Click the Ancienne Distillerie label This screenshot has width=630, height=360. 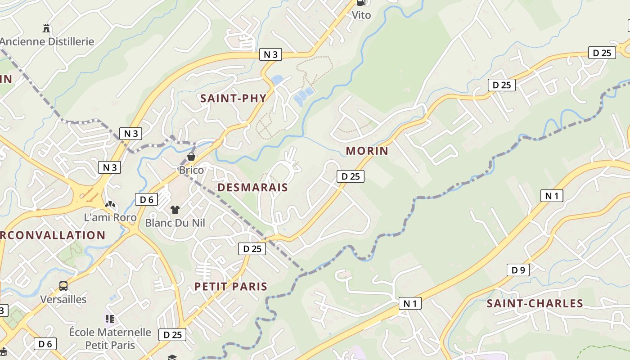coord(47,41)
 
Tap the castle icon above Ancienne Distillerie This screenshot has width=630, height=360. coord(46,28)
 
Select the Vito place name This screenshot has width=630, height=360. coord(361,15)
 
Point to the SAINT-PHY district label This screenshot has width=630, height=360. coord(233,98)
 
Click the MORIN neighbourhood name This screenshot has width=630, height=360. coord(367,150)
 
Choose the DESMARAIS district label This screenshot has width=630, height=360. coord(252,187)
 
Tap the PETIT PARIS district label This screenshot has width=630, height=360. coord(230,286)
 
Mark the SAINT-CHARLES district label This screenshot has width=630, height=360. coord(535,303)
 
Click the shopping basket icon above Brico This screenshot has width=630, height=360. coord(191,157)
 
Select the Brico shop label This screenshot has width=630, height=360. coord(191,170)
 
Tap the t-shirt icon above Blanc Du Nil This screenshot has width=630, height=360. coord(175,209)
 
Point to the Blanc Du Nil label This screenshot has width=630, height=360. coord(175,222)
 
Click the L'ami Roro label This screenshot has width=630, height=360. coord(110,217)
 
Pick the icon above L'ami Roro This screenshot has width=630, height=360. coord(110,204)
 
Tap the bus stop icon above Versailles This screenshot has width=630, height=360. coord(63,286)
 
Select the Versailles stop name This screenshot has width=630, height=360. coord(63,299)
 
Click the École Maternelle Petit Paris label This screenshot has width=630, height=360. coord(110,338)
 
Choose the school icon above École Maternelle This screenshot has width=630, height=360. coord(110,319)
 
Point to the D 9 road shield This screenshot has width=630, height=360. coord(518,270)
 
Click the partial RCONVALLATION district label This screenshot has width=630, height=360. coord(53,235)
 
